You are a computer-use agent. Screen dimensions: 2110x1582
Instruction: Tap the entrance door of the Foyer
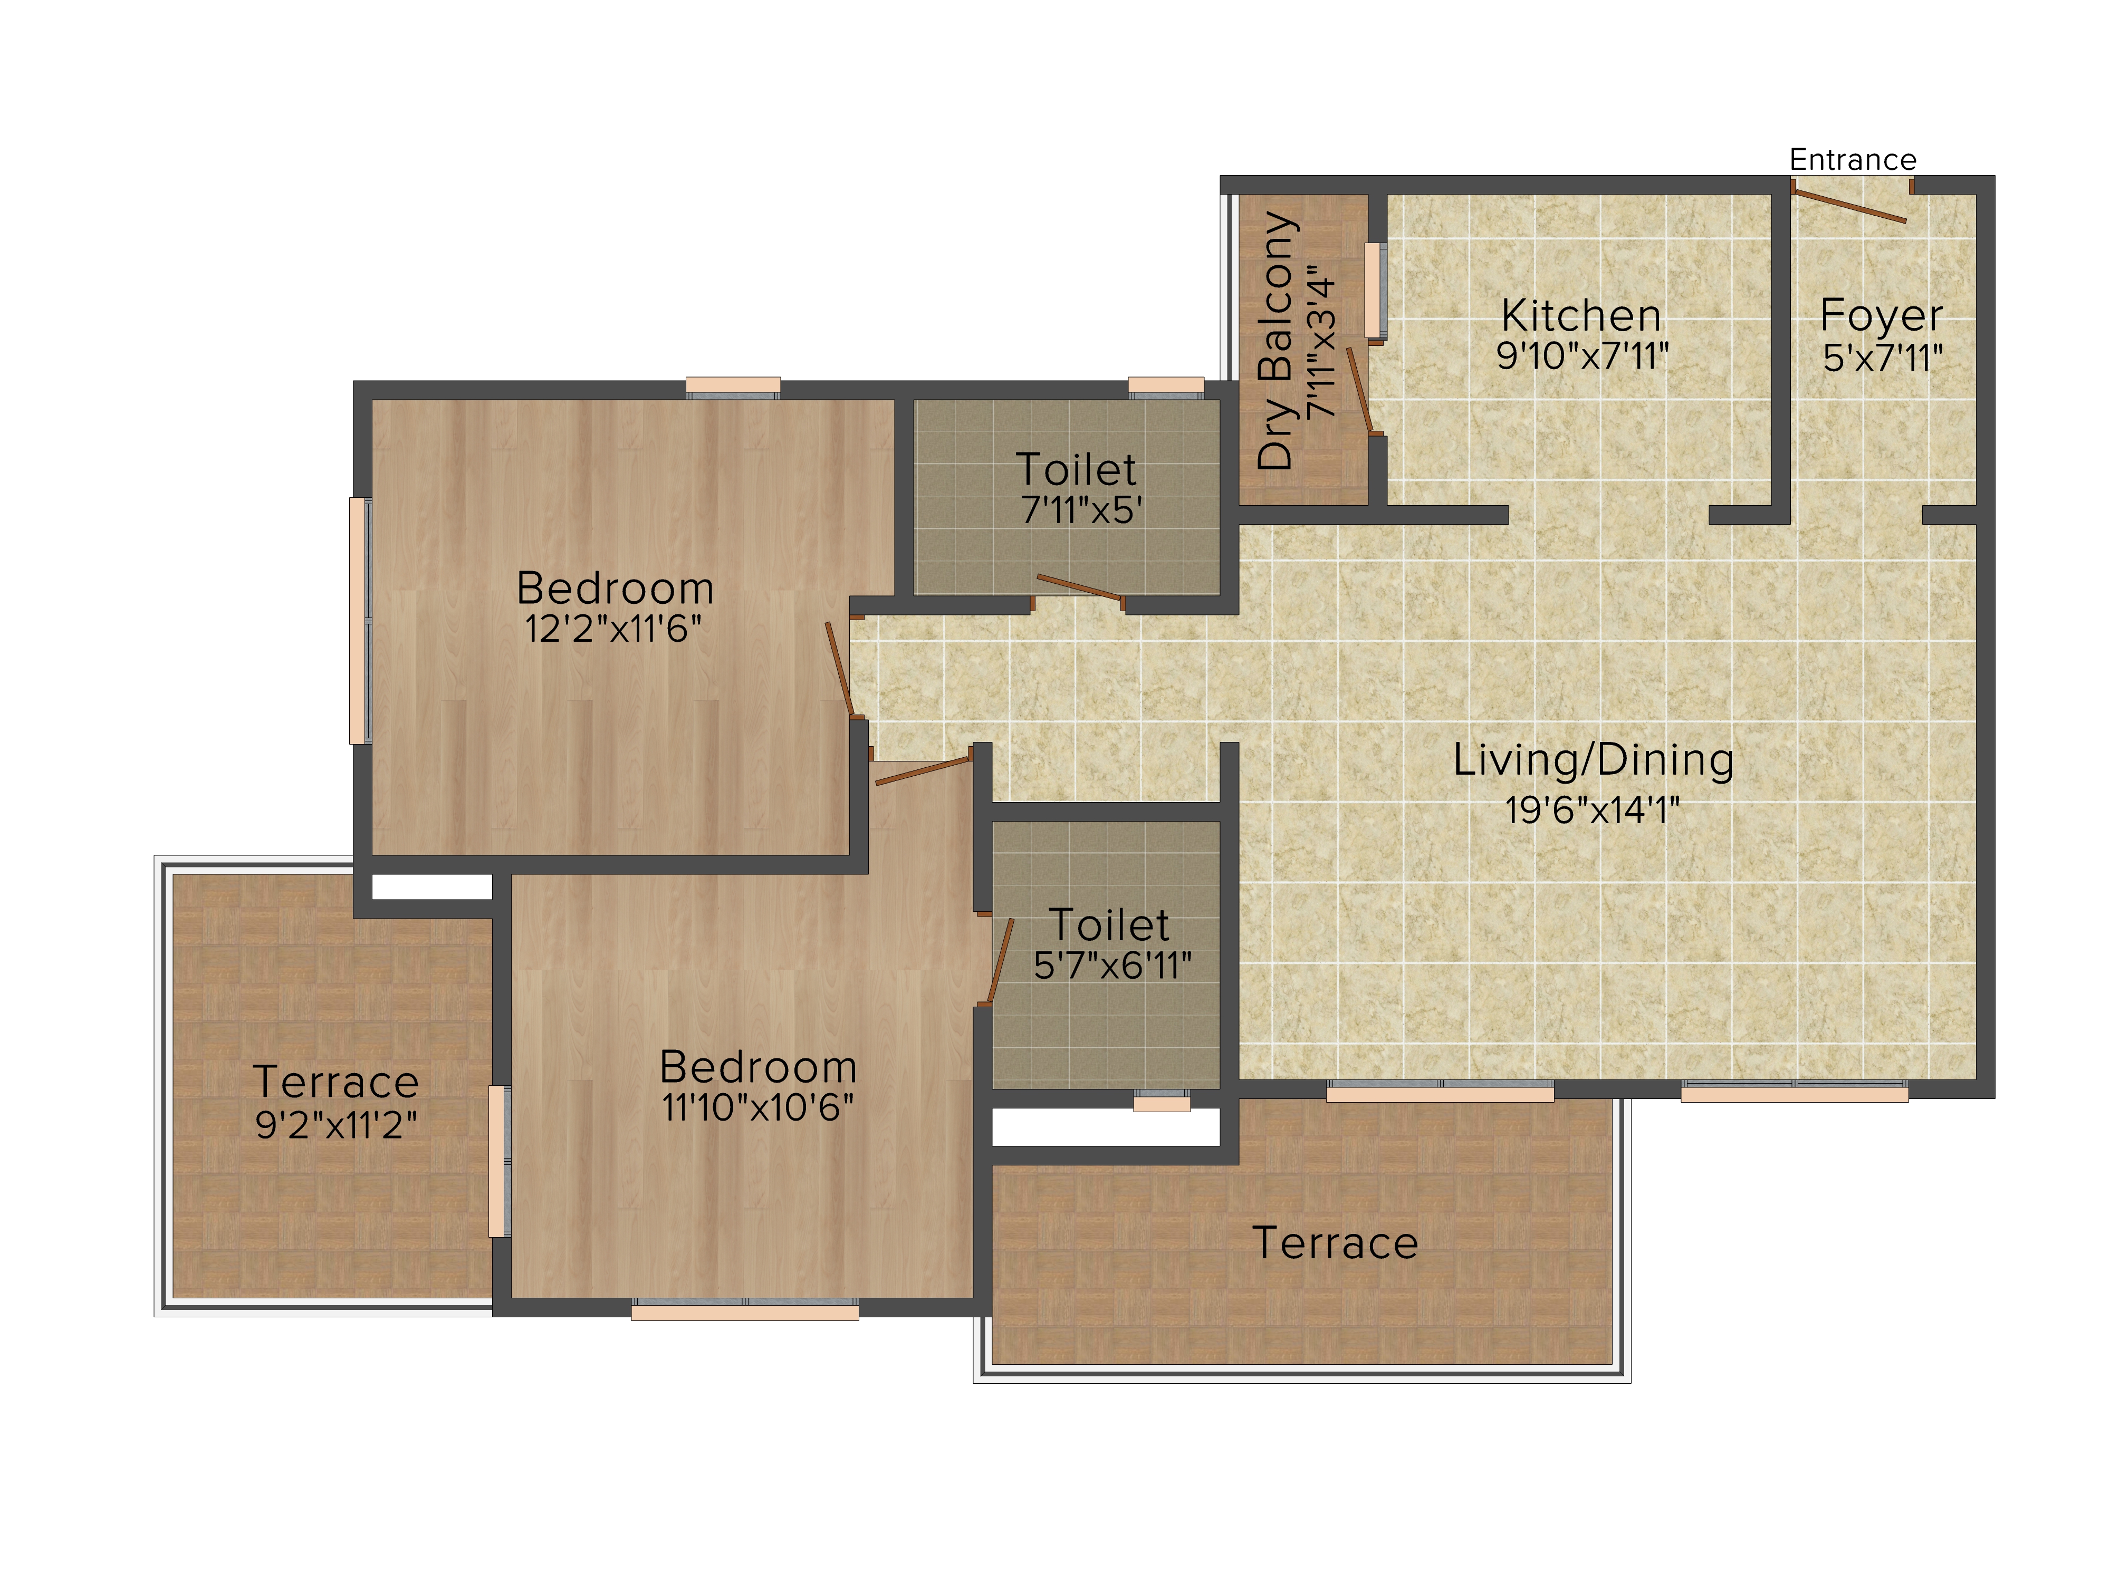tap(1849, 205)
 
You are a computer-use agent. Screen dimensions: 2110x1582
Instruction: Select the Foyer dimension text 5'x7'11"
tap(1882, 359)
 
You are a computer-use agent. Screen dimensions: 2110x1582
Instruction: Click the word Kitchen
tap(1580, 316)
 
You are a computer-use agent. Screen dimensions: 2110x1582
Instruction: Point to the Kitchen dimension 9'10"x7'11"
tap(1581, 356)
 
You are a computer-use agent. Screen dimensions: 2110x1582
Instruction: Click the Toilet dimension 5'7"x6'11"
tap(1112, 966)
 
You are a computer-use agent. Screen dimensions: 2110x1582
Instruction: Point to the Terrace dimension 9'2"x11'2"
tap(336, 1125)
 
